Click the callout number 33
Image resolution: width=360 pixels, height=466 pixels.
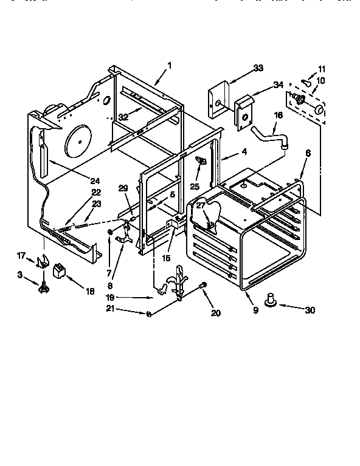pyautogui.click(x=258, y=68)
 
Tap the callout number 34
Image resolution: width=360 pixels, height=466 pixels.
pyautogui.click(x=278, y=85)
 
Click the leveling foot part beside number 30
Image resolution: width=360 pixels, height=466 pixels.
pyautogui.click(x=271, y=298)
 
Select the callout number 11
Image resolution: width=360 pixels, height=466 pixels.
pyautogui.click(x=322, y=69)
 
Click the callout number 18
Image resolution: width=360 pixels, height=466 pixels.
pyautogui.click(x=90, y=292)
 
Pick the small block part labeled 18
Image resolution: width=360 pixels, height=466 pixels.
pyautogui.click(x=60, y=269)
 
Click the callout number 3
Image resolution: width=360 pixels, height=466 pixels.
pyautogui.click(x=19, y=275)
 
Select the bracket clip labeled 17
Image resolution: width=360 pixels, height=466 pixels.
pyautogui.click(x=42, y=262)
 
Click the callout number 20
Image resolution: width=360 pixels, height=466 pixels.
pyautogui.click(x=216, y=313)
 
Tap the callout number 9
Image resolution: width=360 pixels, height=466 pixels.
pyautogui.click(x=255, y=310)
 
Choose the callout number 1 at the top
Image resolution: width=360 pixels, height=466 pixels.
pyautogui.click(x=170, y=65)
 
